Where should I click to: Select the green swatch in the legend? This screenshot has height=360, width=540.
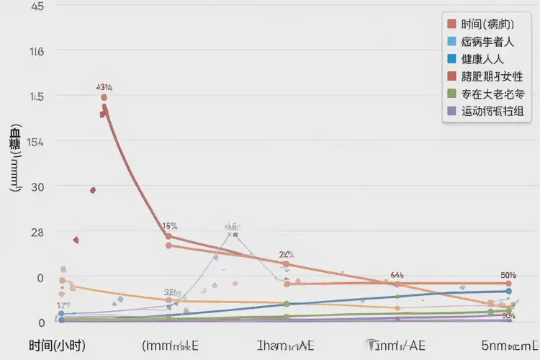[451, 94]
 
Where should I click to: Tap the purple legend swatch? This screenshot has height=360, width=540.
[451, 111]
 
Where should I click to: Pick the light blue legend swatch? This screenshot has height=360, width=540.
[451, 42]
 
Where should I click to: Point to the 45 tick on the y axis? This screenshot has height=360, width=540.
[36, 6]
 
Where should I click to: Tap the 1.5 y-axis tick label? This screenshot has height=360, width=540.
[36, 97]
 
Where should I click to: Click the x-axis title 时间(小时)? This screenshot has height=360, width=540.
[57, 346]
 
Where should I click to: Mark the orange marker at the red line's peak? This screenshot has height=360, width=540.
[104, 97]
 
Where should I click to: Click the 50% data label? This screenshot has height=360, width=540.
[508, 275]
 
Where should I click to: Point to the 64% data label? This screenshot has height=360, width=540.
[397, 275]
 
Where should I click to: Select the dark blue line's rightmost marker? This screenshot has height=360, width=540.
[508, 292]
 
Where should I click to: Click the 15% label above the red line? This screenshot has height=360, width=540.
[170, 225]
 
